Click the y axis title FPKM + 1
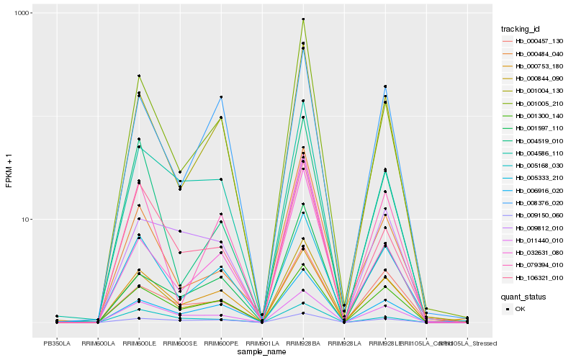pos(9,170)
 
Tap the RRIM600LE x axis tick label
pos(139,343)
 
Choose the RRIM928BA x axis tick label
pos(303,343)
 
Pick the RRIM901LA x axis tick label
pos(262,343)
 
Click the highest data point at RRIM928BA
pos(303,19)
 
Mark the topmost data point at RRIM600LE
pos(139,76)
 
